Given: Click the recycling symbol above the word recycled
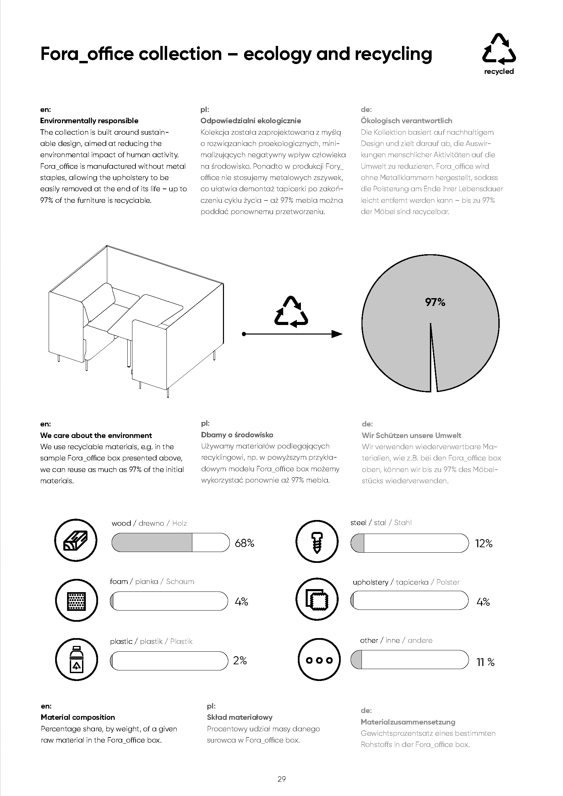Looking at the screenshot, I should click(x=499, y=49).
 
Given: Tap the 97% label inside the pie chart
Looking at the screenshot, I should click(x=435, y=302).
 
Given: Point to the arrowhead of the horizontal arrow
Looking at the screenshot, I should click(x=337, y=334).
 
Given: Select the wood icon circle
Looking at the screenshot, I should click(x=76, y=540).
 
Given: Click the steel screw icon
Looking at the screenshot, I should click(x=317, y=541).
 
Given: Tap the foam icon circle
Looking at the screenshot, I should click(x=76, y=600).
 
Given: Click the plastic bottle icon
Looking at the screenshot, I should click(x=76, y=659).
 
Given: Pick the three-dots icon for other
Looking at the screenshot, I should click(x=319, y=660).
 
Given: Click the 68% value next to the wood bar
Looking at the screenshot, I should click(x=244, y=543).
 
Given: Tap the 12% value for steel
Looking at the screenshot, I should click(x=484, y=543).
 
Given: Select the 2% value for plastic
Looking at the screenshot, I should click(x=240, y=661).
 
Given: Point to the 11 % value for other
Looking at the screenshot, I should click(x=485, y=662).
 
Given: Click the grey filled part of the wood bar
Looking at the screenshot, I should click(x=152, y=542).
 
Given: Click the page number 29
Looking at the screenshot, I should click(x=281, y=779).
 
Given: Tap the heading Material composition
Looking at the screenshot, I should click(x=78, y=717).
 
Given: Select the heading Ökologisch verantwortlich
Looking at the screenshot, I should click(x=406, y=121).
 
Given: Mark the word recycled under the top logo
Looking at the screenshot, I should click(x=499, y=71).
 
